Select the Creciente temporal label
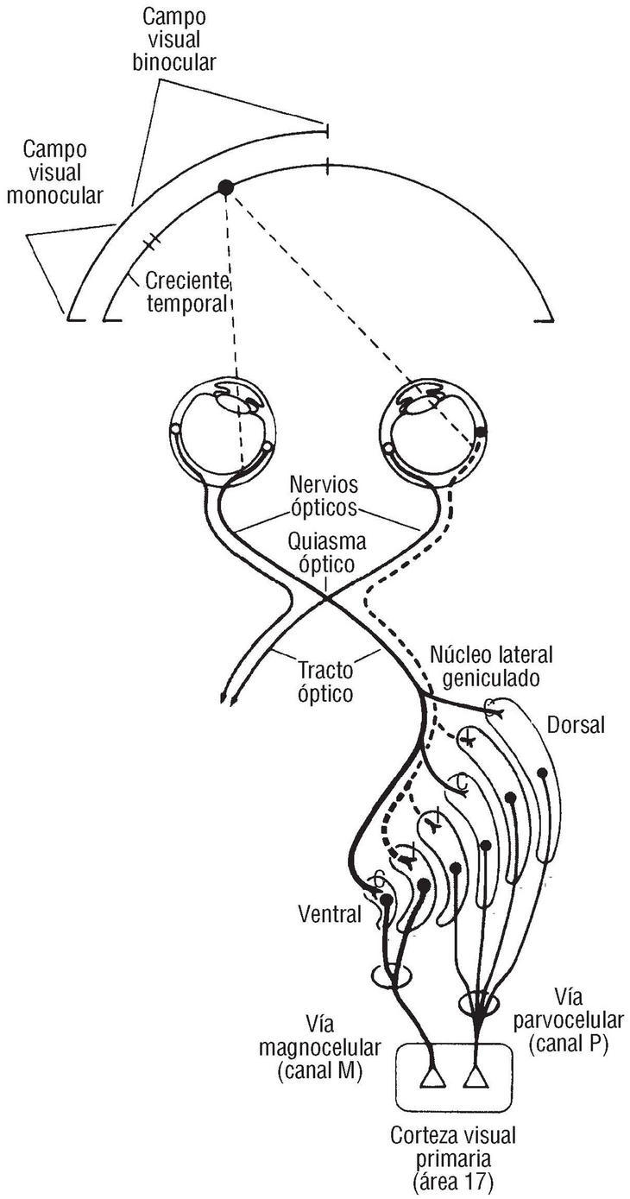pos(186,292)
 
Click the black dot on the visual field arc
pos(226,186)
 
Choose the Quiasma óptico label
pos(326,554)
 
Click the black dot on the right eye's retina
pos(481,429)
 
